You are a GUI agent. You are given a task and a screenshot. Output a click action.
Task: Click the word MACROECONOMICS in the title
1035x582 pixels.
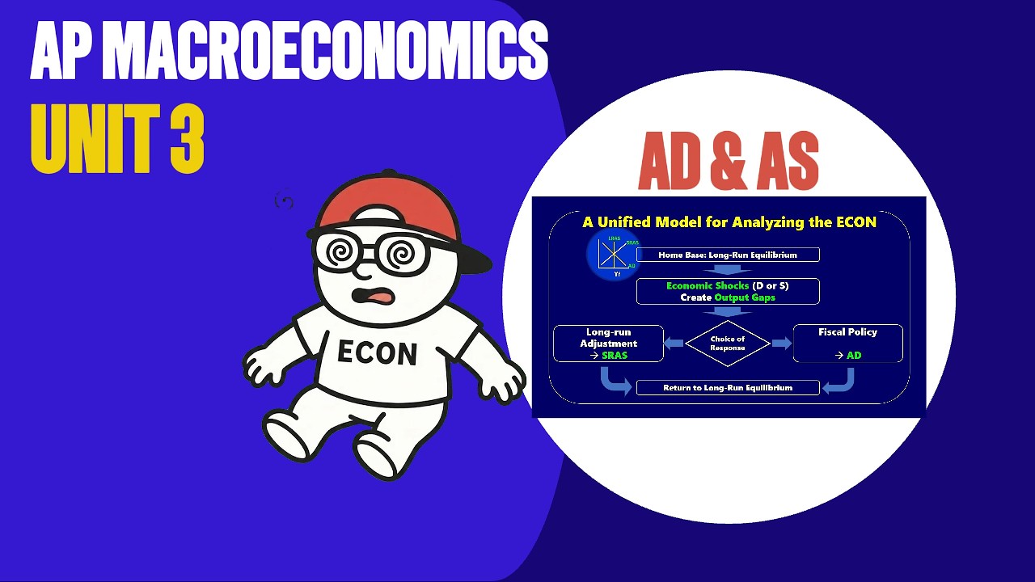point(326,53)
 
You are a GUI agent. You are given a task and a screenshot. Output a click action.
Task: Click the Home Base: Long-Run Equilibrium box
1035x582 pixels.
point(728,255)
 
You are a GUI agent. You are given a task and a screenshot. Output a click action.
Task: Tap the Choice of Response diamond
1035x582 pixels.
point(728,344)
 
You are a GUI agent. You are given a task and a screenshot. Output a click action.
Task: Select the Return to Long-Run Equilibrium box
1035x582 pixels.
point(728,388)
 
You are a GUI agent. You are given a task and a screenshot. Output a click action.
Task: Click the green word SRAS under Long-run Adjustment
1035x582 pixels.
point(615,356)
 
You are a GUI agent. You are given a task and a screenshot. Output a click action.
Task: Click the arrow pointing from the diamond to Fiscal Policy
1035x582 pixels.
point(781,344)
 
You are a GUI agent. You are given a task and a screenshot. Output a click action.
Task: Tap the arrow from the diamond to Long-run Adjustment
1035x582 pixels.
point(674,344)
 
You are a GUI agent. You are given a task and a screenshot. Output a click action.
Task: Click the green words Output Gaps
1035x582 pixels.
point(744,297)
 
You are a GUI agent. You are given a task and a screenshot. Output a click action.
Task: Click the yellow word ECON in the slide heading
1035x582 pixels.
point(853,222)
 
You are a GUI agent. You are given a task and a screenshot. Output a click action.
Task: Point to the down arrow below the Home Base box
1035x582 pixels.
point(728,270)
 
